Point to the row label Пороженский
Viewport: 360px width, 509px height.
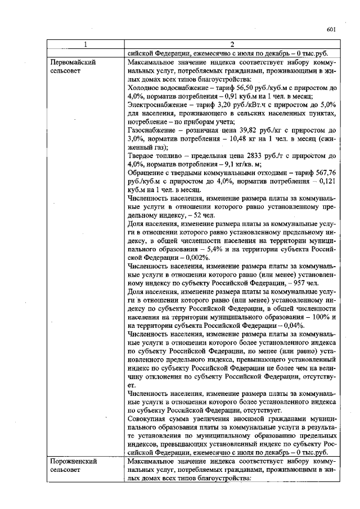tap(71, 461)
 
